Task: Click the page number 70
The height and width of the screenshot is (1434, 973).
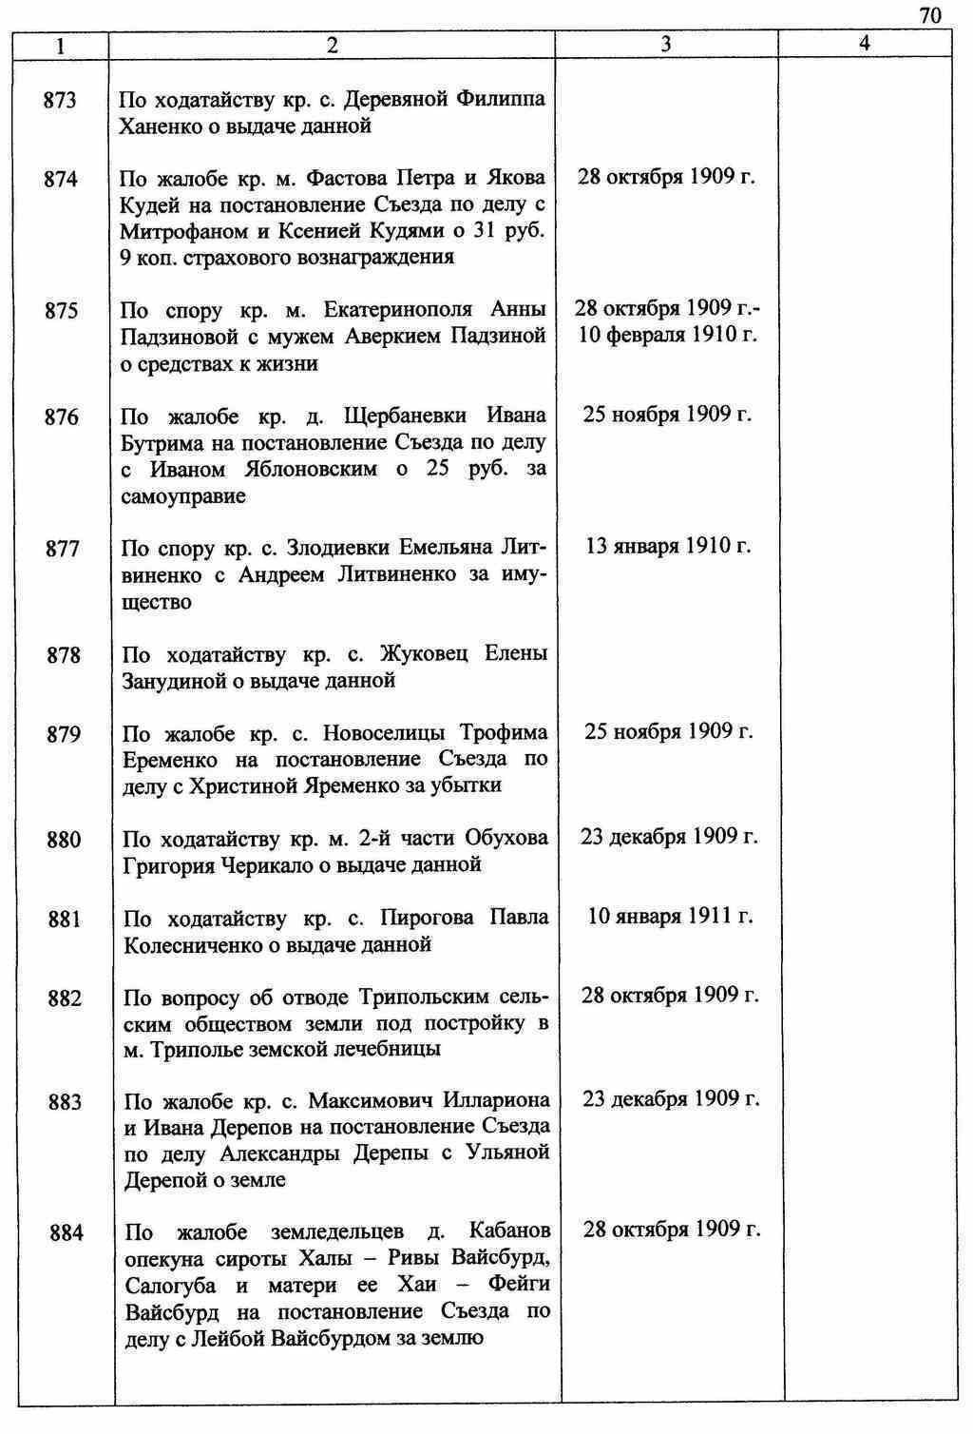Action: (929, 14)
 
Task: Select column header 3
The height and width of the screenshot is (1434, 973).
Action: (666, 44)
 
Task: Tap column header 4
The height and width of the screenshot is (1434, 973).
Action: (864, 44)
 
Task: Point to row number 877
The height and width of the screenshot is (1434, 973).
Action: (63, 549)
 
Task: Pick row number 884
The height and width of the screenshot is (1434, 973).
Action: (67, 1233)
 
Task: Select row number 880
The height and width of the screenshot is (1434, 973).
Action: (65, 840)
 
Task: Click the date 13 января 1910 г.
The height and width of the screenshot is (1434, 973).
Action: (669, 547)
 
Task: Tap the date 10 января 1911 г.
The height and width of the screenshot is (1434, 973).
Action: (671, 917)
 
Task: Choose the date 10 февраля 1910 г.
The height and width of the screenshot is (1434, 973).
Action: (668, 336)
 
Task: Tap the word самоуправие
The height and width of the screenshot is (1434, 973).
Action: (183, 496)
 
